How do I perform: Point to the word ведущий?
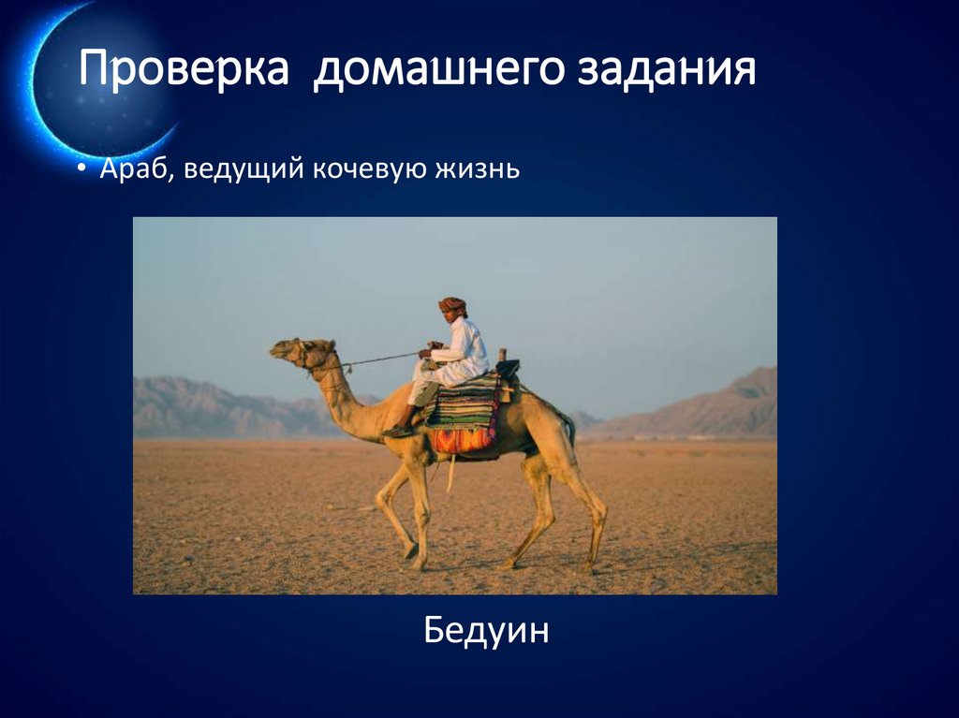242,171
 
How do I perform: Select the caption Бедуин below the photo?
486,631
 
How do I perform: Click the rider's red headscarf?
452,305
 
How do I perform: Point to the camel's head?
295,352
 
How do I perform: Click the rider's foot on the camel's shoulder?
398,431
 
